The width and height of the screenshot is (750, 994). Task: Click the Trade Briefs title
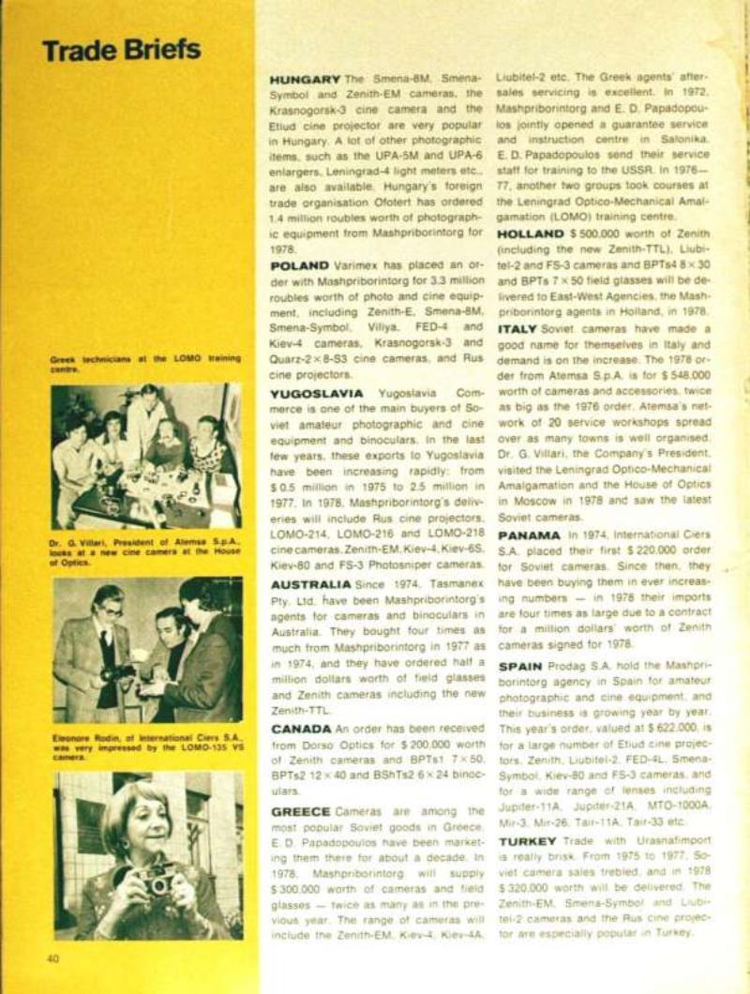(x=121, y=49)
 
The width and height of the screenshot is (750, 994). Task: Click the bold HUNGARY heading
(x=305, y=79)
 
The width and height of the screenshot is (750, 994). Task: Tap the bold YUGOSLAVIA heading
(x=316, y=394)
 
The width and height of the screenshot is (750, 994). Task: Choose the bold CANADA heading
(x=299, y=729)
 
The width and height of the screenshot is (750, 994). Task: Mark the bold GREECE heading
(x=301, y=811)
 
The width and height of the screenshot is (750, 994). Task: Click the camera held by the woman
(x=156, y=881)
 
